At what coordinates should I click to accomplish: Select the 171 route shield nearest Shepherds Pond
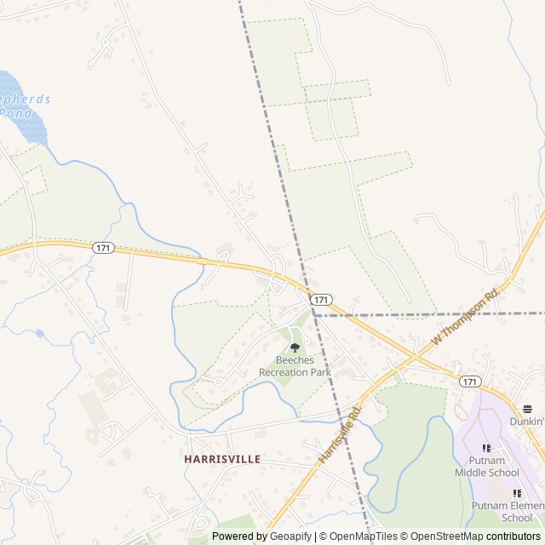click(x=103, y=248)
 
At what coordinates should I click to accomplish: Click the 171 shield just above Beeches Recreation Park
click(x=320, y=300)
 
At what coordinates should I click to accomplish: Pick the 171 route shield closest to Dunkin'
click(x=471, y=381)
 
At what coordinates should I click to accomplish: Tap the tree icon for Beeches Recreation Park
click(x=295, y=347)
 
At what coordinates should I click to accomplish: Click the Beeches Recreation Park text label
click(x=295, y=366)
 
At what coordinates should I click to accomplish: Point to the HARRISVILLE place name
click(x=221, y=458)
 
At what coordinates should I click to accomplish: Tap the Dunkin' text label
click(x=526, y=421)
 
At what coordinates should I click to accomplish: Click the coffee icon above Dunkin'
click(x=527, y=409)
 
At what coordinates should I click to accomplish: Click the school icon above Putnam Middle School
click(x=487, y=448)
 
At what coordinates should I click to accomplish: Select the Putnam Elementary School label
click(x=508, y=511)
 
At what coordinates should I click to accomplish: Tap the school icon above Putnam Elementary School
click(x=516, y=493)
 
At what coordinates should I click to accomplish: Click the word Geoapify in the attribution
click(x=290, y=536)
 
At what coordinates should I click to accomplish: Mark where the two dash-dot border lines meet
click(x=313, y=313)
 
